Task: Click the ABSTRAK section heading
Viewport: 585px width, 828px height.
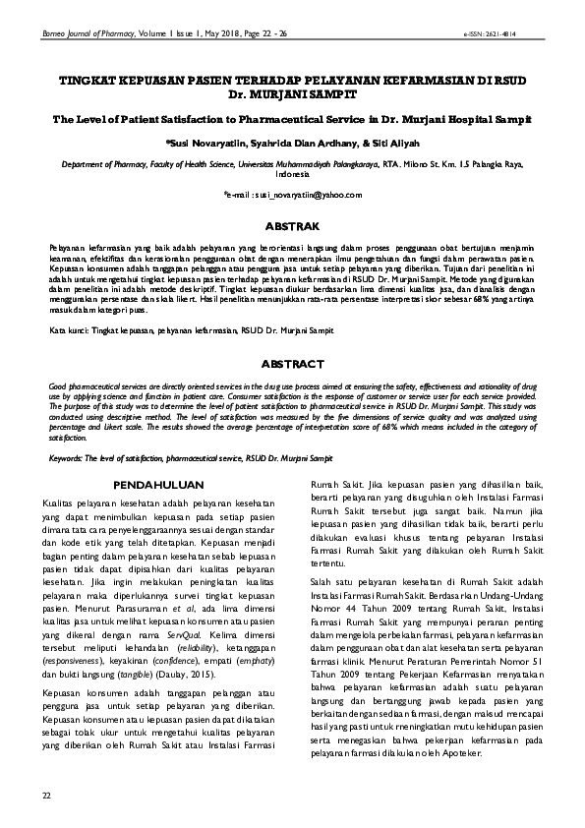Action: pos(292,224)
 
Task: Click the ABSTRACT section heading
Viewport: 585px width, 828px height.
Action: pos(292,364)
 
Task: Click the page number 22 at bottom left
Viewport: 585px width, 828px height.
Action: pos(44,794)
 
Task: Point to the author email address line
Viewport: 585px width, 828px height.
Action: pos(292,196)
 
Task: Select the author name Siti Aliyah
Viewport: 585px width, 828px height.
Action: pos(399,144)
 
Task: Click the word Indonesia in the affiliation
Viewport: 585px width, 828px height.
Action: pos(292,176)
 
